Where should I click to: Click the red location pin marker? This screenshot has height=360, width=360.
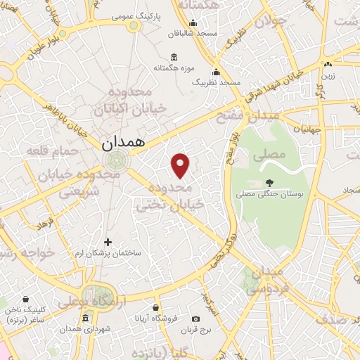pyautogui.click(x=181, y=165)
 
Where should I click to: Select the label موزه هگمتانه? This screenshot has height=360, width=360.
pyautogui.click(x=173, y=68)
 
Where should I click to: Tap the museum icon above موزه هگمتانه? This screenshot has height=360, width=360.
pyautogui.click(x=174, y=57)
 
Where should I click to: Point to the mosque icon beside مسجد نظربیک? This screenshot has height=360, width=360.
pyautogui.click(x=216, y=72)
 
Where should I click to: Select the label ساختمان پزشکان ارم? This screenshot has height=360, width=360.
pyautogui.click(x=108, y=252)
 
